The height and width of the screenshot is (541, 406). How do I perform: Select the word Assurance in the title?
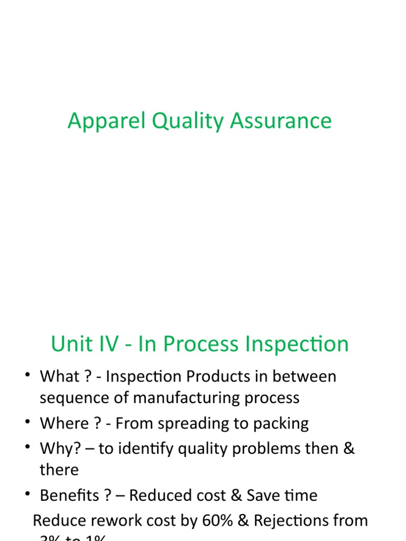pos(281,121)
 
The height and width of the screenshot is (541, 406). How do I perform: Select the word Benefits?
pos(69,496)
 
